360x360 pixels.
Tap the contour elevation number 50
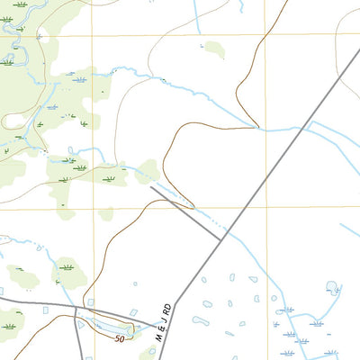(x=120, y=338)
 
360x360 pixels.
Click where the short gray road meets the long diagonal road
(x=220, y=239)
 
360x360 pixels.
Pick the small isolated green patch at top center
(x=213, y=49)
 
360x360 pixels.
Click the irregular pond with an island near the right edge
(x=332, y=288)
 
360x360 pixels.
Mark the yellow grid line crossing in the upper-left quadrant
(x=91, y=35)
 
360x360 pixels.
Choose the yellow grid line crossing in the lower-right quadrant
(x=265, y=208)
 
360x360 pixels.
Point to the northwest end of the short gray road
(x=150, y=186)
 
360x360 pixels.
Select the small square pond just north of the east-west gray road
(x=46, y=310)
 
